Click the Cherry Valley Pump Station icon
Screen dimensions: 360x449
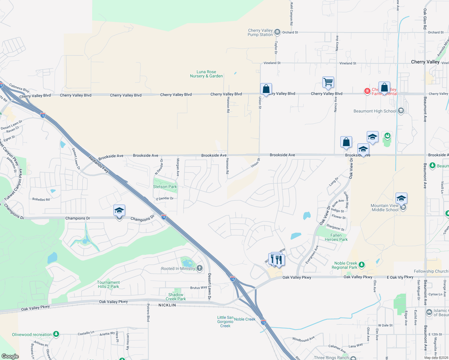[x=277, y=32]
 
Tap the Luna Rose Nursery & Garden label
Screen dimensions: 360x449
[x=206, y=74]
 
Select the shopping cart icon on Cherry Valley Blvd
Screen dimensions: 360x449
[x=328, y=82]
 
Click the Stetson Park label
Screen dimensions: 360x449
[x=165, y=187]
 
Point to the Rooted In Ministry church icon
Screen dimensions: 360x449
[x=200, y=268]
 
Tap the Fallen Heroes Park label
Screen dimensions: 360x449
[x=336, y=237]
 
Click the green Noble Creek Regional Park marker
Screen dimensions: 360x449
[x=362, y=264]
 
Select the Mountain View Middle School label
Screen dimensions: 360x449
[x=385, y=208]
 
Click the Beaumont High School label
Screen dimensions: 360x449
[x=375, y=111]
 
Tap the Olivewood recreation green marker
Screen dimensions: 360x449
[x=56, y=334]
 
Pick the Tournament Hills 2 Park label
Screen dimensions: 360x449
[x=108, y=284]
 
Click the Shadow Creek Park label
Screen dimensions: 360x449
[x=176, y=297]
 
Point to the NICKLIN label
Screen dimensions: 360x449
[x=167, y=305]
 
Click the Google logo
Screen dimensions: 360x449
[x=10, y=356]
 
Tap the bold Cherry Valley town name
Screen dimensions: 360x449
[x=425, y=62]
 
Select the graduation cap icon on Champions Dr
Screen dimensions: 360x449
[x=119, y=211]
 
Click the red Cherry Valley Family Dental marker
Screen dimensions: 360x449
[x=367, y=91]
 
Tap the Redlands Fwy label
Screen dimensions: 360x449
[x=99, y=164]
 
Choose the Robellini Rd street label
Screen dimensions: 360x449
[x=41, y=199]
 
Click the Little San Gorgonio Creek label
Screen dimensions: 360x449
[x=225, y=322]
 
